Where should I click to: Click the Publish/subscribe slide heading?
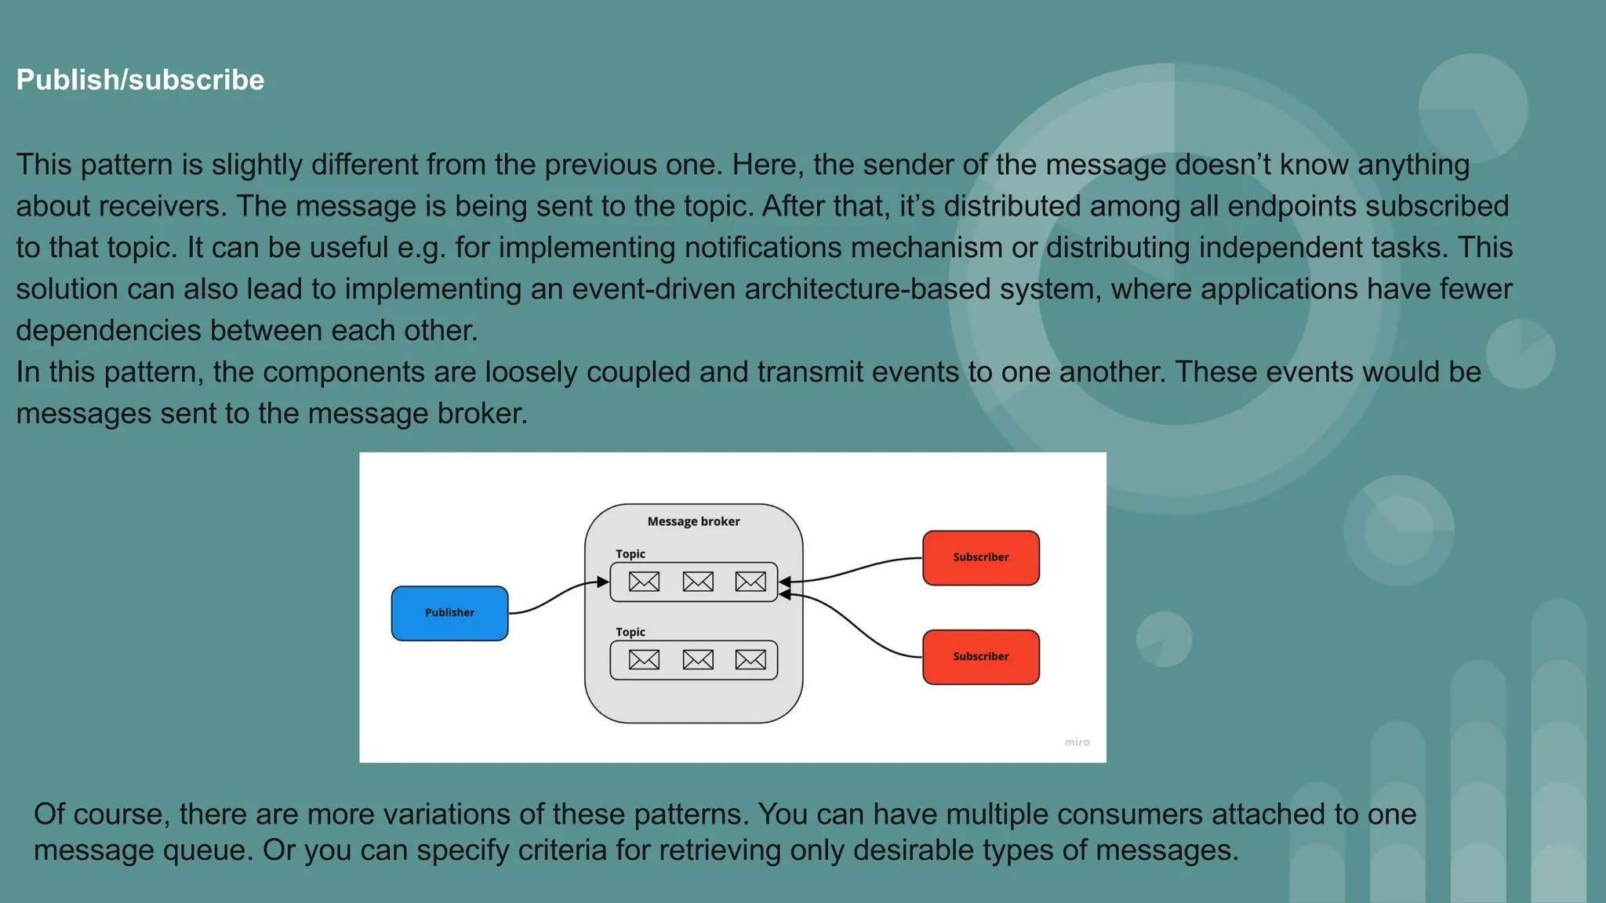[140, 80]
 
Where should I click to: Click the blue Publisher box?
[449, 613]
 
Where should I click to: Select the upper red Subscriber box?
[980, 557]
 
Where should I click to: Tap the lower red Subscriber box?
[980, 657]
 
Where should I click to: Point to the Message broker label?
[693, 521]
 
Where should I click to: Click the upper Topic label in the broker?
[630, 554]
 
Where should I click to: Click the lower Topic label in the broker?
[630, 632]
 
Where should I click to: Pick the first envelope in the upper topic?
[644, 582]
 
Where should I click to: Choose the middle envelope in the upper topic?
[698, 582]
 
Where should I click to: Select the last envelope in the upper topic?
[750, 582]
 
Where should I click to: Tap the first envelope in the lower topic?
[644, 660]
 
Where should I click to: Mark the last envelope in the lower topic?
[750, 660]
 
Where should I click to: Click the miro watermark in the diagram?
[1077, 742]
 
